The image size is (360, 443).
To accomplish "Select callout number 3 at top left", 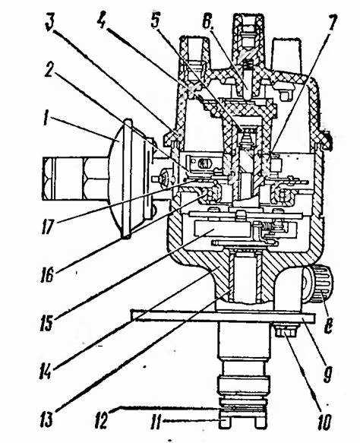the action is tap(51, 23).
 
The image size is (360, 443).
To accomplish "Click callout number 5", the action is tap(156, 21).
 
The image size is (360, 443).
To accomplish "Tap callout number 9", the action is tap(328, 374).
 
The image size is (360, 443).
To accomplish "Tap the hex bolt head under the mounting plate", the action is tap(286, 331).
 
